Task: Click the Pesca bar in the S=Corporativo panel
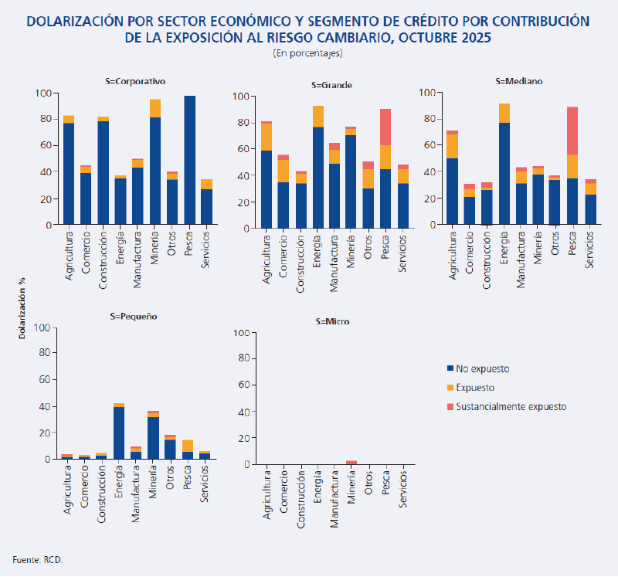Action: tap(189, 160)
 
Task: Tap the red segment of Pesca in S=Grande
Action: tap(385, 127)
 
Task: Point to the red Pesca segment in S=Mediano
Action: tap(572, 131)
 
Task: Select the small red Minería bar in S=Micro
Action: tap(351, 462)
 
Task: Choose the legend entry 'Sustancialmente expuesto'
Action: tap(511, 406)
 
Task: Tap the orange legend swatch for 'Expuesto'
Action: tap(450, 388)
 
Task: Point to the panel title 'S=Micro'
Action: tap(333, 321)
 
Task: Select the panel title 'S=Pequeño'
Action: tap(134, 316)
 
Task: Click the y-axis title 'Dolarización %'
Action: tap(22, 309)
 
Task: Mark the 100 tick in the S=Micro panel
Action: tap(249, 333)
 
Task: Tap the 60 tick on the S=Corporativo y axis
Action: tap(46, 145)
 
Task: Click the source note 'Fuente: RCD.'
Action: tap(37, 558)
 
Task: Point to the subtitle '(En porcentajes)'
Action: tap(307, 53)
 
